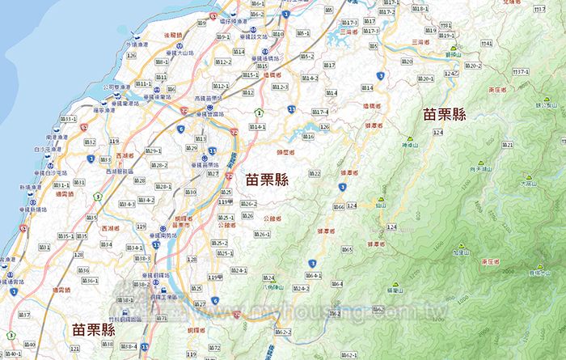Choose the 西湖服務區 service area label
(120, 172)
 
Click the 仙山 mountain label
(380, 206)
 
